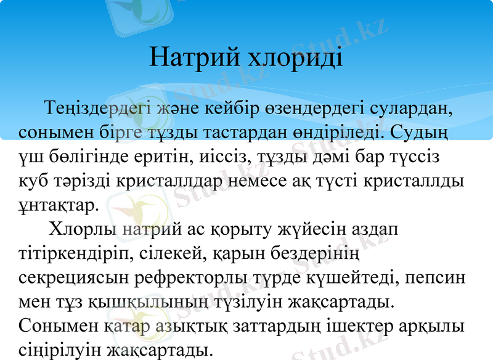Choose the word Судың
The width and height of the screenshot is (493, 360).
coord(420,133)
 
